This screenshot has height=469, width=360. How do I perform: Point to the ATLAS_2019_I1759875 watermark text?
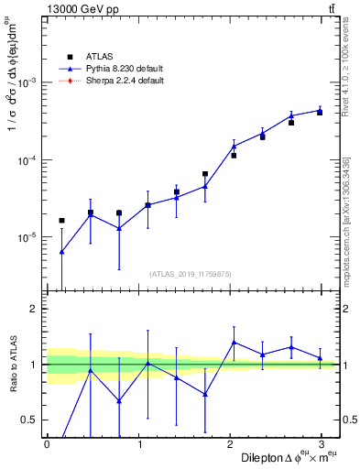(x=190, y=273)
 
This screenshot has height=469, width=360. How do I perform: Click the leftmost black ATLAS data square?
(x=61, y=221)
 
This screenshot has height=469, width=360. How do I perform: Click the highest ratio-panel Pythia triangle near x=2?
(x=235, y=343)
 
